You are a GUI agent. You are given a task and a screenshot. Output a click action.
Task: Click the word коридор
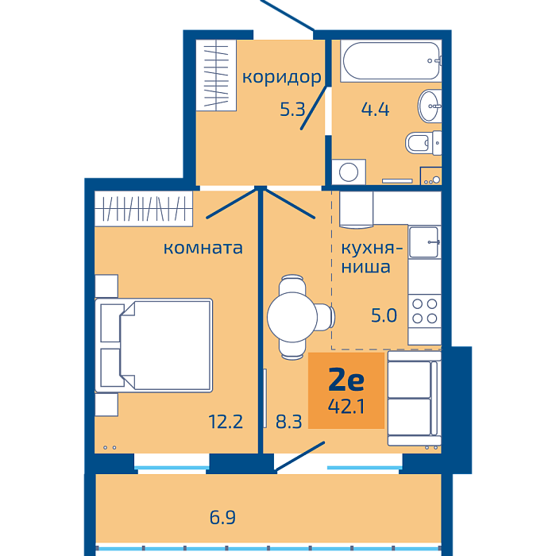[281, 77]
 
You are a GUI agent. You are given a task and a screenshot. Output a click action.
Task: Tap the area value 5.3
[292, 110]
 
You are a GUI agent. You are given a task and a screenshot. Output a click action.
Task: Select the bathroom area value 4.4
[375, 110]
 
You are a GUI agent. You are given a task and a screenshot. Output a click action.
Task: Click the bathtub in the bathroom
[391, 61]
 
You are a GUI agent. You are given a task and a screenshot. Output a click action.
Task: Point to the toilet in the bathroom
[423, 143]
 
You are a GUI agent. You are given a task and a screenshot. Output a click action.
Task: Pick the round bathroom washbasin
[430, 106]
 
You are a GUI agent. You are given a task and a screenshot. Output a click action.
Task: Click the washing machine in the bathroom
[349, 172]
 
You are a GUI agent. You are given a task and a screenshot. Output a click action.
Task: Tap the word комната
[203, 248]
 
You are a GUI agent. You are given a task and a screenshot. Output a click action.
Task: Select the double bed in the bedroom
[154, 346]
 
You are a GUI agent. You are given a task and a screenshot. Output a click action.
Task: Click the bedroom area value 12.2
[226, 422]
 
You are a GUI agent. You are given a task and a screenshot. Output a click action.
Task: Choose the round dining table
[292, 317]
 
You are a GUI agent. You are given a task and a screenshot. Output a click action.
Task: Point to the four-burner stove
[424, 311]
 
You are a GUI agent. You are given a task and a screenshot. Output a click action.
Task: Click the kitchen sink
[424, 242]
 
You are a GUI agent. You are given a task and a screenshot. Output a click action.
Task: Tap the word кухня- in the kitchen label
[372, 248]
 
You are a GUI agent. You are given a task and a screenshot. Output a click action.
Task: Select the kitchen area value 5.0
[384, 315]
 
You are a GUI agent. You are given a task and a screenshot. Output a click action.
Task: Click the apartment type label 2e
[346, 379]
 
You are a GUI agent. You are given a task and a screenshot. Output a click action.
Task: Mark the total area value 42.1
[346, 407]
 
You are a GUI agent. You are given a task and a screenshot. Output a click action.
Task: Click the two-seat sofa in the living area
[414, 398]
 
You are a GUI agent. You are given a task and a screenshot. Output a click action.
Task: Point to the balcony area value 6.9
[222, 517]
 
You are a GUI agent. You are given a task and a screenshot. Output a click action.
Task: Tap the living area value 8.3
[288, 422]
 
